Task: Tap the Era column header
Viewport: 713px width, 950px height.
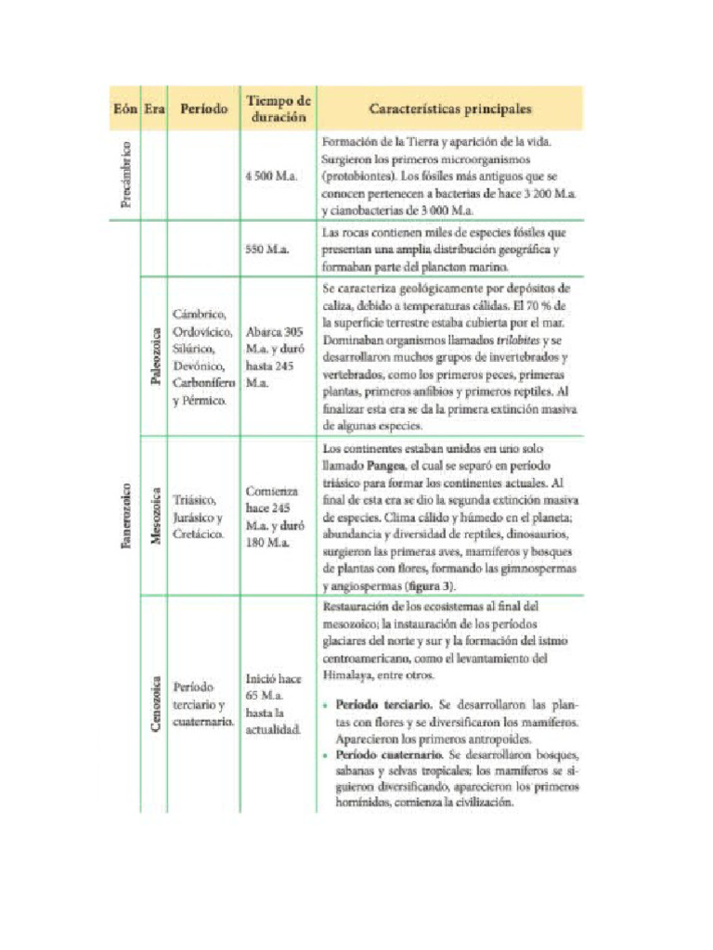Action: [154, 109]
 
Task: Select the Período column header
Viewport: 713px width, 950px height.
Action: [204, 109]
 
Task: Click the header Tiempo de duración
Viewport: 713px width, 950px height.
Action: [278, 109]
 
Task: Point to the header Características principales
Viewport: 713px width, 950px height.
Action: [450, 109]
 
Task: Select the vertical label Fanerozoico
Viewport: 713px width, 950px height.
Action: [125, 516]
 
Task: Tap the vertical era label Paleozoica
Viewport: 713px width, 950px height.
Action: [155, 355]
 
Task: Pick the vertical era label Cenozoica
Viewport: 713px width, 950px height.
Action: [155, 705]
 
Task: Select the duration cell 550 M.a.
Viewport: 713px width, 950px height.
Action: [267, 249]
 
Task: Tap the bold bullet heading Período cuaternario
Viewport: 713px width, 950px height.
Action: [380, 756]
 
